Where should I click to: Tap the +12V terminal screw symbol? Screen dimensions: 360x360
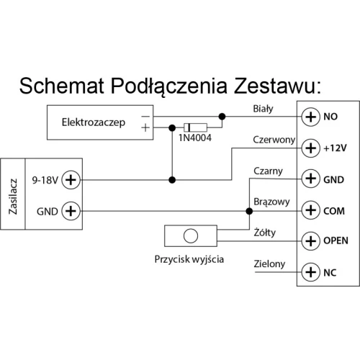coord(310,148)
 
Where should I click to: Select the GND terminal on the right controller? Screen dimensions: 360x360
coord(310,179)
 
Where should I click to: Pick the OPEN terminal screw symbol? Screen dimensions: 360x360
coord(310,240)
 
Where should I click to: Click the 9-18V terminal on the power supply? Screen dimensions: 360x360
coord(71,179)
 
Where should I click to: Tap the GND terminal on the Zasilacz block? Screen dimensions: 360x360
coord(71,211)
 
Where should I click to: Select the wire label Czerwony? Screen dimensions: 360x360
coord(273,140)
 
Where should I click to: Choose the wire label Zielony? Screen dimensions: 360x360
coord(269,264)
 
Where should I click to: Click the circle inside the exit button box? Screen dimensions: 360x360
coord(191,235)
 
